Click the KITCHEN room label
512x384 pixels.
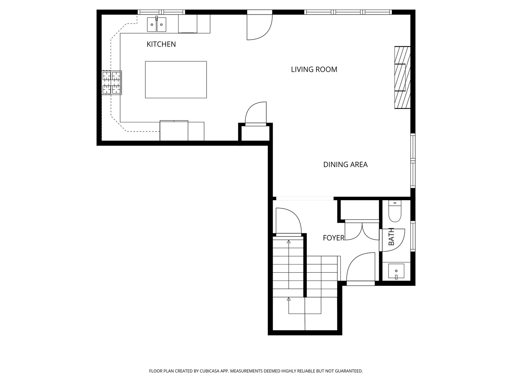[161, 44]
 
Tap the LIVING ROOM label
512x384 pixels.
[314, 69]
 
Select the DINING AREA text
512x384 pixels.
[345, 165]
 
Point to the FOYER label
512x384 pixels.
[334, 238]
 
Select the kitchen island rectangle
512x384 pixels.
[176, 80]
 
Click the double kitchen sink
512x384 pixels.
[156, 24]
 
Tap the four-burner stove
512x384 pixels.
[112, 83]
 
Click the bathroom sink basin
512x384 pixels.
[396, 271]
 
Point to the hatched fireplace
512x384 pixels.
[402, 78]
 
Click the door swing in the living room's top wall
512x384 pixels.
[260, 25]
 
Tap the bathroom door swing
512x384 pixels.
[392, 240]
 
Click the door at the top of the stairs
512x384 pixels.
[289, 222]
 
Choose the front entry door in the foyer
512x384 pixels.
[361, 268]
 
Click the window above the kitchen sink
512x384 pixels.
[161, 12]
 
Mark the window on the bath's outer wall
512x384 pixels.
[413, 236]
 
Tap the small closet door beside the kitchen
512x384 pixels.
[256, 114]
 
